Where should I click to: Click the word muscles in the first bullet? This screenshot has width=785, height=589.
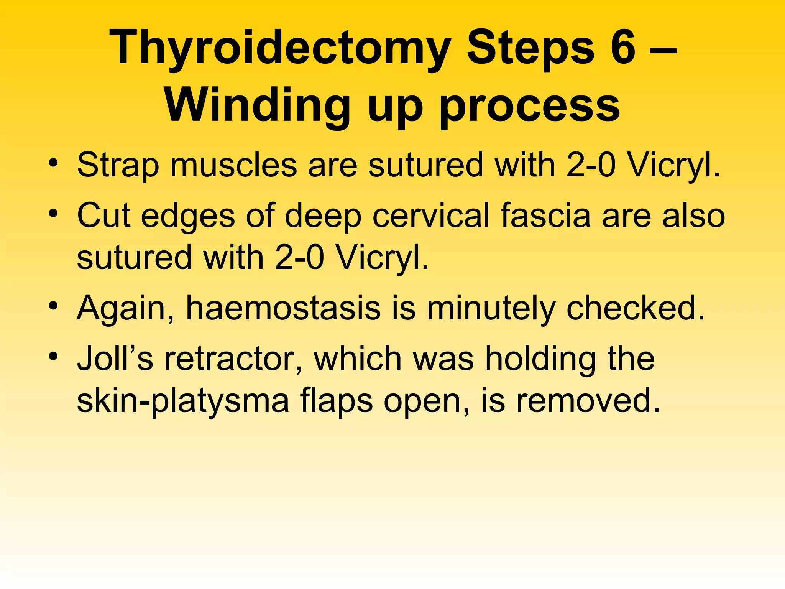click(233, 165)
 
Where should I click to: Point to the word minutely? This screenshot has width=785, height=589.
click(491, 309)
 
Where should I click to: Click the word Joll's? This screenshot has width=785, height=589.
click(115, 359)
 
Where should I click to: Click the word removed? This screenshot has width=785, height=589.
click(588, 401)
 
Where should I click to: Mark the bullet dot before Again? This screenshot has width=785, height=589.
click(53, 306)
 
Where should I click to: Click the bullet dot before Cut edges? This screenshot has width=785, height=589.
click(53, 213)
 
